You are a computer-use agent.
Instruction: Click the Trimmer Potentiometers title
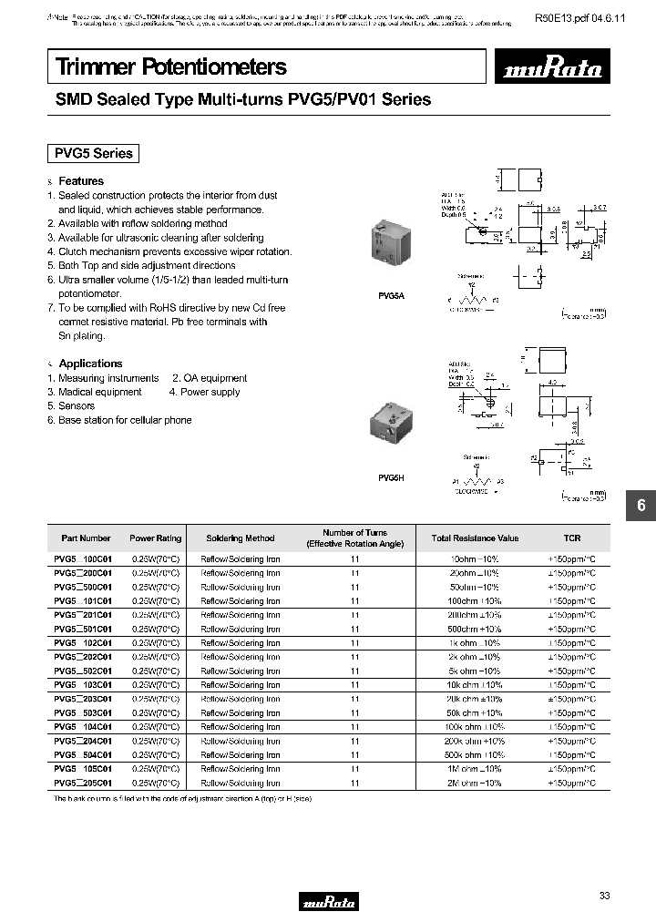point(172,67)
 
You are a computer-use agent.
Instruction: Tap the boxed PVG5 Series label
point(94,153)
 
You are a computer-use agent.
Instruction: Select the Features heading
point(81,181)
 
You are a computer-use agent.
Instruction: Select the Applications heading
point(90,364)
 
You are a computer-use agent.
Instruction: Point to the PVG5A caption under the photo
point(389,295)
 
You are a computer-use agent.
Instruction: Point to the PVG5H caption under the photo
point(389,477)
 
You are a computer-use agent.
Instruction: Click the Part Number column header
point(86,538)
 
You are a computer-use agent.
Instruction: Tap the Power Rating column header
point(156,538)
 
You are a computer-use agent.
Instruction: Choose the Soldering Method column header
point(240,538)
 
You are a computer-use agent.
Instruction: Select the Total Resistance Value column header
point(475,538)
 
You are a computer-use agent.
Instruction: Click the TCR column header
point(571,538)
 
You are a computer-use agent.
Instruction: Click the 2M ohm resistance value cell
point(475,783)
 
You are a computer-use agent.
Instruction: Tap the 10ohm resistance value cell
point(475,559)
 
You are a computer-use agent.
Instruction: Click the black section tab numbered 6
point(641,507)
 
